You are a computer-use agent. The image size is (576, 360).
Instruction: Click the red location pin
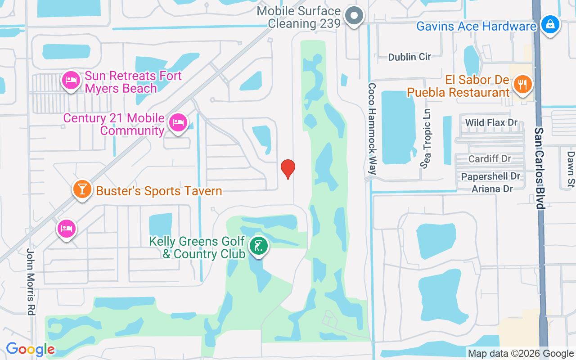point(288,169)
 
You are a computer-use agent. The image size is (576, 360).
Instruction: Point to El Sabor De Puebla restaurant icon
point(522,84)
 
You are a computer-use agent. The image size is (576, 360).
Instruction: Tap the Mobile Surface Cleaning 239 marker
point(354,16)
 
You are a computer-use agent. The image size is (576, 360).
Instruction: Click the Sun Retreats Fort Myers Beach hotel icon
point(71,81)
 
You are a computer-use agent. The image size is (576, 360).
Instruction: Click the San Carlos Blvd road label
point(539,168)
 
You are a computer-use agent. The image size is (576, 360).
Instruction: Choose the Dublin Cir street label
point(409,57)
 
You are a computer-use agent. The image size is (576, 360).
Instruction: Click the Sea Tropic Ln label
point(426,138)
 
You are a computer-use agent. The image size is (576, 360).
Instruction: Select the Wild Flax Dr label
point(491,122)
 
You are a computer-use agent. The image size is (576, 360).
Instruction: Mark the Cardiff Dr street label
point(490,159)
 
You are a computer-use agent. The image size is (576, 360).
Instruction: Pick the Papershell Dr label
point(490,176)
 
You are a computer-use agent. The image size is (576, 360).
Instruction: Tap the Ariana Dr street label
point(492,189)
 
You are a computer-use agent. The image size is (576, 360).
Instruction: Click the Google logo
point(30,349)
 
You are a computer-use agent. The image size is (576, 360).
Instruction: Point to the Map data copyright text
point(521,354)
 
